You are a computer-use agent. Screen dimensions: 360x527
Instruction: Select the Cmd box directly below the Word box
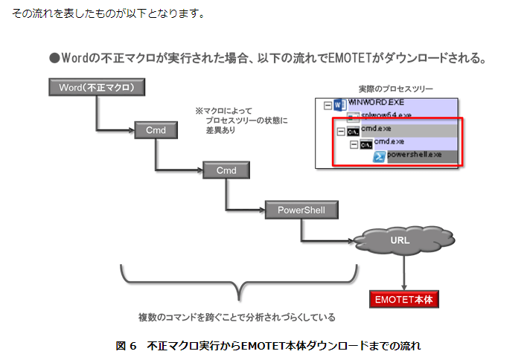pos(156,130)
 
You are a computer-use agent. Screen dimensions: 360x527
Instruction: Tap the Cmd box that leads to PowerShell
pos(226,170)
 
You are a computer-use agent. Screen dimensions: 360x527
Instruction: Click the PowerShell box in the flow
pos(301,210)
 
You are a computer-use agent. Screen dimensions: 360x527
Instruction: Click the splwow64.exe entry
pos(385,116)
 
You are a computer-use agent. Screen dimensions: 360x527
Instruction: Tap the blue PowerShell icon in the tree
pos(379,157)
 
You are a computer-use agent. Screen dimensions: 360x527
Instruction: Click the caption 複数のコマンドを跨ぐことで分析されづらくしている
pos(237,317)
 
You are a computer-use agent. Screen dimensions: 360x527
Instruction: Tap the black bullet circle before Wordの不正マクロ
pos(54,57)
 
